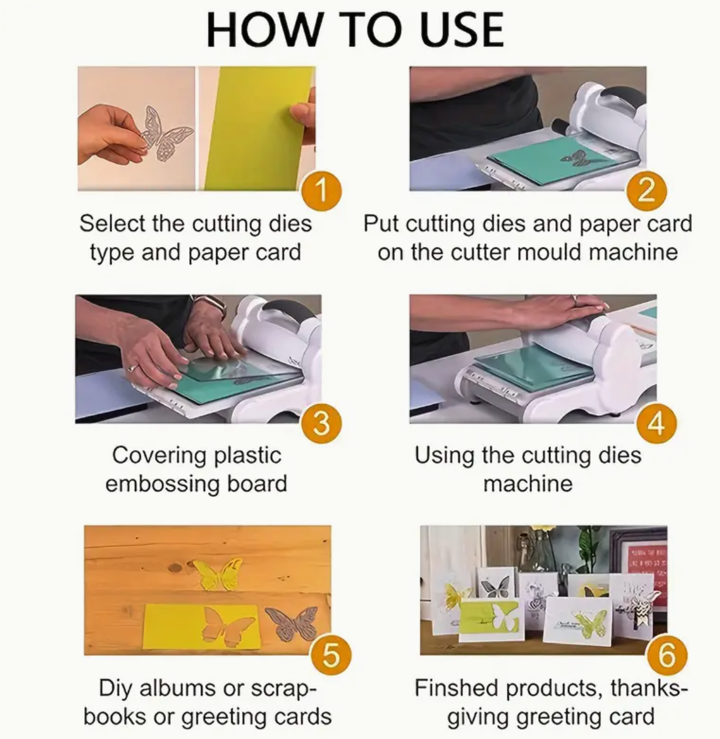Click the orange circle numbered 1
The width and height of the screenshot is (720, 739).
pos(322,191)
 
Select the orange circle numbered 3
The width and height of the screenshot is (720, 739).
pos(322,423)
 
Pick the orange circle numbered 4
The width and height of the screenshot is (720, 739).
pos(656,423)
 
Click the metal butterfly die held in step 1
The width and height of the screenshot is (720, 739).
pos(165,134)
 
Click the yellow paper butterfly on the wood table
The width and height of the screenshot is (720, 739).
pos(218,574)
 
